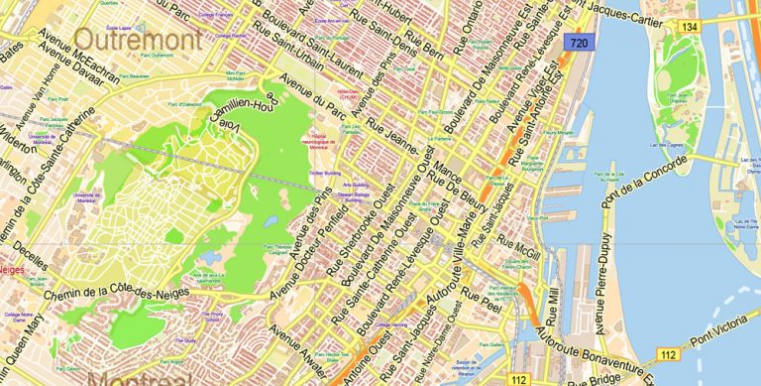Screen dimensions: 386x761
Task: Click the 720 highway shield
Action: (x=579, y=43)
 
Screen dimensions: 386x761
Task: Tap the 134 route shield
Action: (x=688, y=27)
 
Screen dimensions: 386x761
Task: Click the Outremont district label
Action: (x=138, y=39)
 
